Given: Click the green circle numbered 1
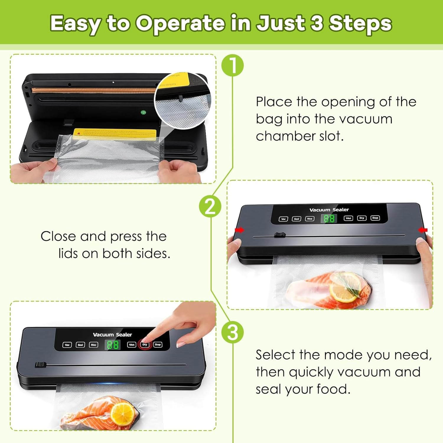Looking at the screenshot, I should click(233, 66).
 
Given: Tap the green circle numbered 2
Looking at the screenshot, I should click(210, 206).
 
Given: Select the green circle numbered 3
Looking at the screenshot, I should click(233, 332).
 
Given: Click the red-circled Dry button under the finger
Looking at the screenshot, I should click(145, 345).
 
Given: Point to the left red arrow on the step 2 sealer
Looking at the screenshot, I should click(240, 230).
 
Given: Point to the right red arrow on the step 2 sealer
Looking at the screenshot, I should click(423, 230).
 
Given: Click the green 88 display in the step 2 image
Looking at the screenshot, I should click(329, 219).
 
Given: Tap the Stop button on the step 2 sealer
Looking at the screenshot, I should click(375, 218).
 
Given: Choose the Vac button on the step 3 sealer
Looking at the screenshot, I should click(67, 345).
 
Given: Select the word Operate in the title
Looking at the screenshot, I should click(180, 24).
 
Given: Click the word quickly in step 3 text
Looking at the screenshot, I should click(311, 372).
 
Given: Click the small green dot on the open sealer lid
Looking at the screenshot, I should click(143, 113).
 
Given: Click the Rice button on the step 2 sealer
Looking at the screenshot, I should click(310, 219).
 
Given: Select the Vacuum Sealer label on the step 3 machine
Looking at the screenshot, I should click(112, 335).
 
